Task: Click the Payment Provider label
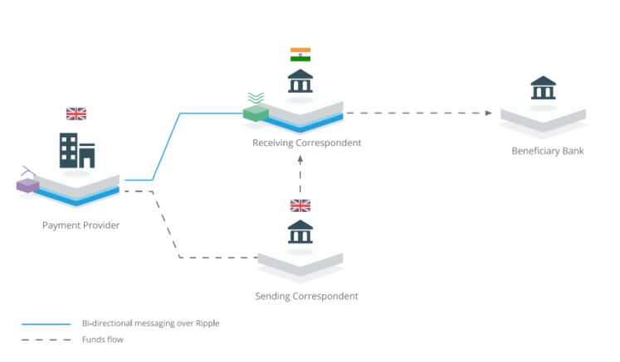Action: [81, 224]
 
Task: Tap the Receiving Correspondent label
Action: [307, 142]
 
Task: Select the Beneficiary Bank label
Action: [548, 151]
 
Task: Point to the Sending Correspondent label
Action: [306, 296]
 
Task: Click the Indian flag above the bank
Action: [300, 55]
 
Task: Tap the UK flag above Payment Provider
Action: [76, 113]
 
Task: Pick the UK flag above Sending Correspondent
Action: [300, 205]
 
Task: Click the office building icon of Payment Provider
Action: [76, 150]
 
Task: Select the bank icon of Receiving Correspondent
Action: [300, 82]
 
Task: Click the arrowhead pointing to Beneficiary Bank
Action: [489, 113]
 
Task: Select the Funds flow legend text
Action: [103, 340]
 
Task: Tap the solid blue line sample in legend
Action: [46, 323]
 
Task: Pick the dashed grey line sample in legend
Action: [46, 340]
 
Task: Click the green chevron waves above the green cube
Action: [256, 98]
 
